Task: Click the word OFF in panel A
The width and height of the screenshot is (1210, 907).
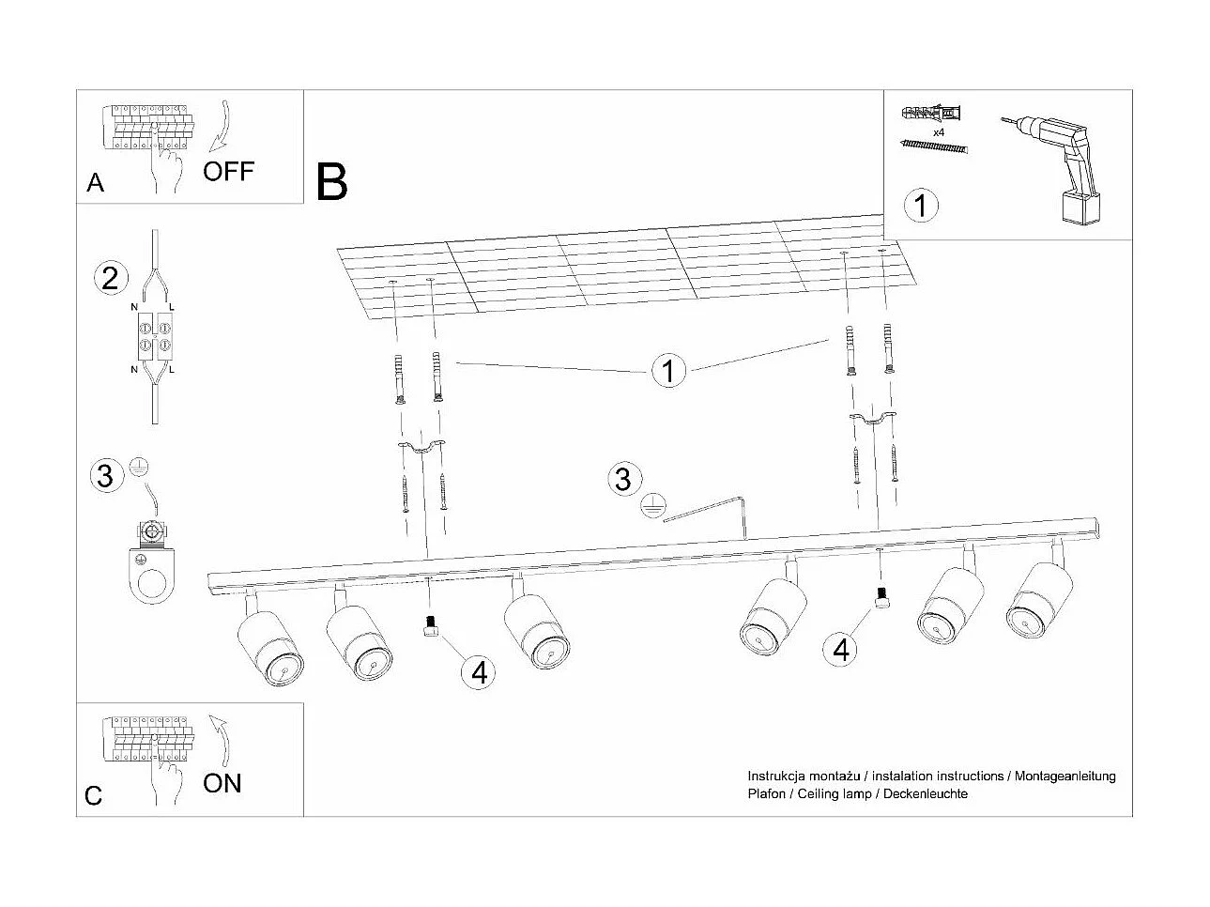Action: [x=228, y=171]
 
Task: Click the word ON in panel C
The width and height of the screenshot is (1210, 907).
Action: [x=222, y=782]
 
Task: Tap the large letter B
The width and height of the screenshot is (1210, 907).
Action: [x=332, y=182]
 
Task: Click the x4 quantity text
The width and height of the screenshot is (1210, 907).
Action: [x=938, y=133]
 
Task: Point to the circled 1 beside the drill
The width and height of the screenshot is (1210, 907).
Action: [x=921, y=204]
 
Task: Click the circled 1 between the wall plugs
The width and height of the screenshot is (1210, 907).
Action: [x=668, y=371]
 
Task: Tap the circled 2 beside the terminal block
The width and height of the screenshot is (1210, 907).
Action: [x=110, y=278]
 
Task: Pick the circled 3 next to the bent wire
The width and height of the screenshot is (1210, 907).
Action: [x=622, y=479]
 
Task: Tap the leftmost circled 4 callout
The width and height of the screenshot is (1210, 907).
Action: [x=479, y=671]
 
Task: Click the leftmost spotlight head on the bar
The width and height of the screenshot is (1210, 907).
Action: [x=270, y=648]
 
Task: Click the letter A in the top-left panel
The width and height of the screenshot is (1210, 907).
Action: [x=95, y=182]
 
